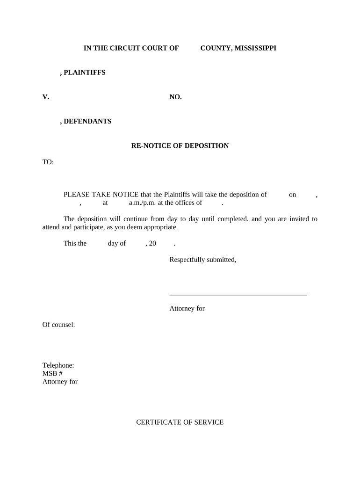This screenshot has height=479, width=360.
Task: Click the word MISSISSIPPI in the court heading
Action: pyautogui.click(x=255, y=48)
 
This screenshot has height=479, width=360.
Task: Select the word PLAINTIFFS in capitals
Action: pyautogui.click(x=84, y=73)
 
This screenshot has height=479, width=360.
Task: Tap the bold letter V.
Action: pyautogui.click(x=45, y=97)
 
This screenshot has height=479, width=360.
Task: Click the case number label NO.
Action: pyautogui.click(x=175, y=97)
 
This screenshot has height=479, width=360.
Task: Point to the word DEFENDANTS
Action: pyautogui.click(x=87, y=121)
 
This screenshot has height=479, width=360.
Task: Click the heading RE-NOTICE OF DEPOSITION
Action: pyautogui.click(x=180, y=145)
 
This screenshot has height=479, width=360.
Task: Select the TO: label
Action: pyautogui.click(x=48, y=162)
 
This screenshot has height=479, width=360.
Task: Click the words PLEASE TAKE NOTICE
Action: pyautogui.click(x=101, y=195)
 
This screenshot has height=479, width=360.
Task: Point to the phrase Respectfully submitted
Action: pyautogui.click(x=202, y=260)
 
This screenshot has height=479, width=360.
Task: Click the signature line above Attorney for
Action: pyautogui.click(x=238, y=295)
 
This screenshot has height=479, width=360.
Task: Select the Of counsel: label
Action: pyautogui.click(x=59, y=324)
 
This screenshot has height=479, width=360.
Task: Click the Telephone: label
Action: pyautogui.click(x=58, y=365)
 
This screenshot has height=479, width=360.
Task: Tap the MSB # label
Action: pyautogui.click(x=52, y=373)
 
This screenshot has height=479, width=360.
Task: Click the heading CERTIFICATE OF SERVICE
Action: pyautogui.click(x=180, y=422)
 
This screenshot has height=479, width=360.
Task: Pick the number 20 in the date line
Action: pyautogui.click(x=152, y=243)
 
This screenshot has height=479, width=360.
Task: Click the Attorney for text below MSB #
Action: pyautogui.click(x=60, y=382)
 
